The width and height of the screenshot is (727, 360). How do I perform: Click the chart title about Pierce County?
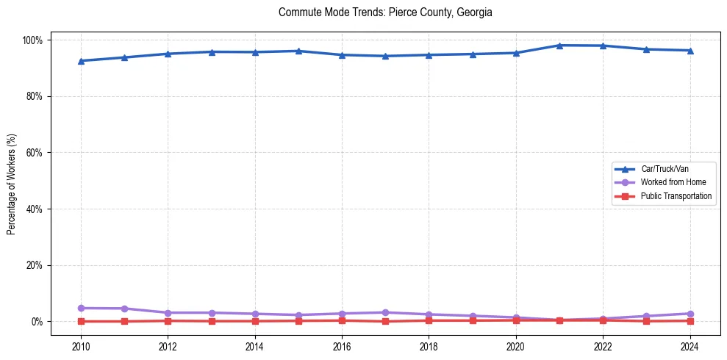click(x=385, y=12)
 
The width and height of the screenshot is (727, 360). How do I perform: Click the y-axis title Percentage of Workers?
click(x=12, y=180)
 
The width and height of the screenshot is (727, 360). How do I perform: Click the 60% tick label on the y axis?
click(x=36, y=153)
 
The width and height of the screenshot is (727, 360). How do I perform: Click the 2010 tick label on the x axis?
click(x=81, y=346)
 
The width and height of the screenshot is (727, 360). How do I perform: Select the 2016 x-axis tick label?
click(x=342, y=346)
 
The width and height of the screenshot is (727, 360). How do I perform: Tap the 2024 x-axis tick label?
click(x=690, y=346)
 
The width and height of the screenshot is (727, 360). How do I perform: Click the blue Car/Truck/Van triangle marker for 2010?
click(x=81, y=61)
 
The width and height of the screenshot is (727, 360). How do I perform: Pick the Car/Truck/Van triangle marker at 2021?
click(x=559, y=46)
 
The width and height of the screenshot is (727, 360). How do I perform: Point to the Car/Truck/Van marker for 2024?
click(x=690, y=51)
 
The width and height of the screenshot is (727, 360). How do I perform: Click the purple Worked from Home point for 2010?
click(x=81, y=308)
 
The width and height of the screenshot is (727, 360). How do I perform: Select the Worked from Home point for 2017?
click(x=385, y=312)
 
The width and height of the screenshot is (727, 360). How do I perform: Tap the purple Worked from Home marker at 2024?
click(x=690, y=314)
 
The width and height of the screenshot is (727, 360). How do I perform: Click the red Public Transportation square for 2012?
click(x=168, y=320)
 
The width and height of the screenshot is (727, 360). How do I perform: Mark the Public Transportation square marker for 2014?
click(x=255, y=321)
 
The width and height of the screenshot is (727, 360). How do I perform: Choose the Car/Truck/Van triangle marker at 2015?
click(x=298, y=51)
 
